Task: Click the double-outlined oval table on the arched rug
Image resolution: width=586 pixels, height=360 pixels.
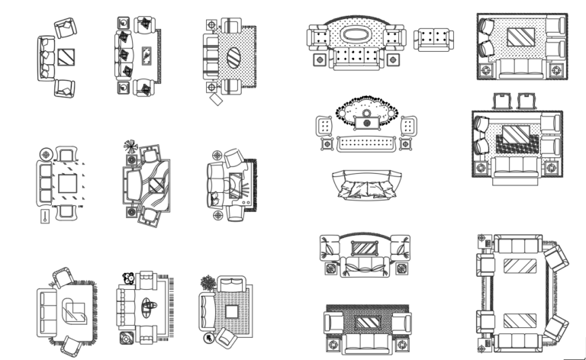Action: click(x=357, y=34)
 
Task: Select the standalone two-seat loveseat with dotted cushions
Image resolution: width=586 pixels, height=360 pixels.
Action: click(x=433, y=39)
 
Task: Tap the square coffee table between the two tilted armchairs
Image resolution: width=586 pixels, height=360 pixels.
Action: click(x=66, y=57)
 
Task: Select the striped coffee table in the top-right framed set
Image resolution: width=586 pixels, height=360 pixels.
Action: click(x=522, y=37)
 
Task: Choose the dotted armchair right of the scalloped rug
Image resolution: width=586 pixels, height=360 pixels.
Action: click(x=408, y=124)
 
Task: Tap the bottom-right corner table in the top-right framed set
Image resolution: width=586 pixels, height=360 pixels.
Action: click(x=556, y=71)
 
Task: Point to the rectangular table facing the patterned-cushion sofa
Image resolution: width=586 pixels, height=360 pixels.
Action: click(x=146, y=55)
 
